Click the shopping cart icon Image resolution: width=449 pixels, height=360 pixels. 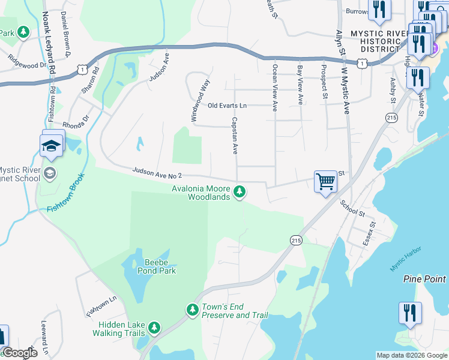pyautogui.click(x=325, y=181)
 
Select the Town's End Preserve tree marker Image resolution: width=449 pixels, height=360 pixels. pyautogui.click(x=193, y=310)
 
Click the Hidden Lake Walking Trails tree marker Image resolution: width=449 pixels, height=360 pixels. pyautogui.click(x=155, y=327)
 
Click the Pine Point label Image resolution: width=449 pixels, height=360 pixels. pyautogui.click(x=424, y=279)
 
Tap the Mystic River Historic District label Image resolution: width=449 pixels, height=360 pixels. pyautogui.click(x=375, y=41)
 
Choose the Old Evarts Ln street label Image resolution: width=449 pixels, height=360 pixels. pyautogui.click(x=227, y=106)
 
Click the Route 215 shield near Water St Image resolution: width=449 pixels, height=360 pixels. pyautogui.click(x=392, y=118)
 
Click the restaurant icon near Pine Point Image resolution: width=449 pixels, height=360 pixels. pyautogui.click(x=410, y=313)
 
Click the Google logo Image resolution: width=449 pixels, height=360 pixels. pyautogui.click(x=20, y=353)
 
